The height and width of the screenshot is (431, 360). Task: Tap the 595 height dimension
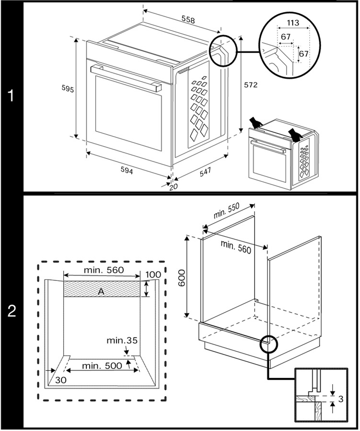click(67, 89)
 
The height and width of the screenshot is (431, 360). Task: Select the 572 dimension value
click(251, 85)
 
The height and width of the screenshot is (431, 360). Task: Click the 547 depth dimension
click(205, 171)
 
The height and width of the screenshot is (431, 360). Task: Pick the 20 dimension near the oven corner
click(174, 186)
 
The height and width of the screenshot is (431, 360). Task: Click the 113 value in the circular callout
click(293, 23)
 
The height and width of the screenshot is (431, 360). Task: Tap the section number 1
click(12, 96)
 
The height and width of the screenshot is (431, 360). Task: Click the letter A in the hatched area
click(101, 292)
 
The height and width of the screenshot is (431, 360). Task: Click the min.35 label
click(122, 340)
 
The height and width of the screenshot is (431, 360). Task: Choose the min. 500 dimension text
click(102, 366)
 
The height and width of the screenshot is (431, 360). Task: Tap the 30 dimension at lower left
click(60, 380)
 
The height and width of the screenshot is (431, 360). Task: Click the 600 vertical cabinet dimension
click(182, 277)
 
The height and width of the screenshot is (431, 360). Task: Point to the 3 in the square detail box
click(341, 399)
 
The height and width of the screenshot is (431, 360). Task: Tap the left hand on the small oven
click(257, 123)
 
